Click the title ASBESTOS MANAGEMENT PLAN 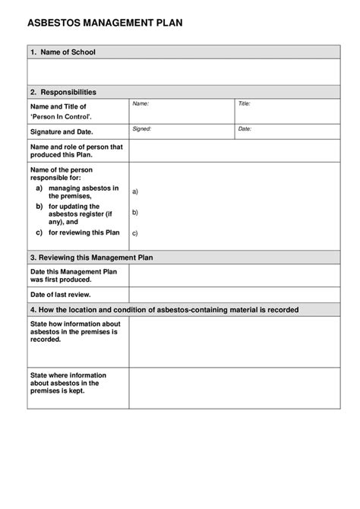click(x=105, y=24)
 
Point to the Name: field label click(x=141, y=103)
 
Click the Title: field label click(x=245, y=103)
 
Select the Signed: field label click(x=142, y=128)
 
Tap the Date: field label click(x=245, y=128)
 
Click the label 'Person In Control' click(x=62, y=117)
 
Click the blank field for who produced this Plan click(x=234, y=151)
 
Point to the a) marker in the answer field click(x=135, y=192)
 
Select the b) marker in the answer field click(x=135, y=213)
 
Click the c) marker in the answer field click(x=135, y=233)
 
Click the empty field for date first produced click(x=234, y=275)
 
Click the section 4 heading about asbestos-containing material click(x=164, y=310)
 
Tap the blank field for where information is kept click(x=234, y=388)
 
